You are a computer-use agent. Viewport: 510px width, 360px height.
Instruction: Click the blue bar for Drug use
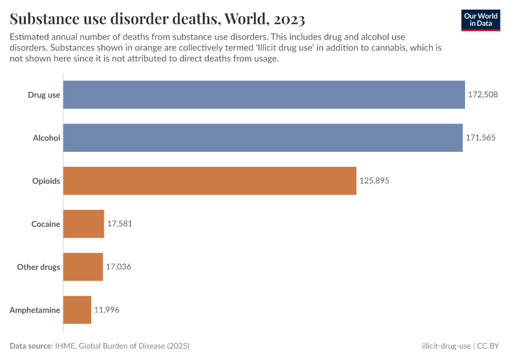tap(264, 95)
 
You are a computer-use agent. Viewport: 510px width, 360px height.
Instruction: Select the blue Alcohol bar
tap(263, 137)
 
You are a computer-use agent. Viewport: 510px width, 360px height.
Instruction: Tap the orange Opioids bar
tap(209, 181)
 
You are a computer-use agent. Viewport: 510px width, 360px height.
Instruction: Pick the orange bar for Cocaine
tap(83, 224)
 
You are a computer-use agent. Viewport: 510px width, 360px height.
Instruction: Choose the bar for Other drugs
tap(83, 267)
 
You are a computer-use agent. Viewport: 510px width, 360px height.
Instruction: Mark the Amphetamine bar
tap(77, 310)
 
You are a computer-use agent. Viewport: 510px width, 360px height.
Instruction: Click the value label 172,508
tap(483, 95)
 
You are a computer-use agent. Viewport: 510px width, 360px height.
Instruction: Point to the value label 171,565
tap(481, 137)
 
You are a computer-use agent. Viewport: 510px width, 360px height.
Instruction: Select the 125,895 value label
tap(374, 181)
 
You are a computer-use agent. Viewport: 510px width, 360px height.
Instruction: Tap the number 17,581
tap(119, 224)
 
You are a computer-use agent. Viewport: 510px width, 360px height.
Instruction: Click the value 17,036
tap(118, 267)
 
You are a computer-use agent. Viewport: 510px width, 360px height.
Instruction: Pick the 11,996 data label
tap(107, 310)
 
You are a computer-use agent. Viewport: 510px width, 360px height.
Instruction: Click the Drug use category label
tap(44, 95)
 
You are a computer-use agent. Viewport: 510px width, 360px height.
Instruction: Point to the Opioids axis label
tap(46, 181)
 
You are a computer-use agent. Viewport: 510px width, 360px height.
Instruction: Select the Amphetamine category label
tap(35, 310)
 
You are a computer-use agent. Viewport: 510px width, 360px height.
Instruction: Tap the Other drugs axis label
tap(38, 267)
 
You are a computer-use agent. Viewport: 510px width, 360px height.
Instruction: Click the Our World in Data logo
tap(481, 19)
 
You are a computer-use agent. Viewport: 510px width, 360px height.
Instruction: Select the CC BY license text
tap(488, 346)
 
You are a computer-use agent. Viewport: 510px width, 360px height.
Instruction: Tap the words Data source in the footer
tap(31, 346)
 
